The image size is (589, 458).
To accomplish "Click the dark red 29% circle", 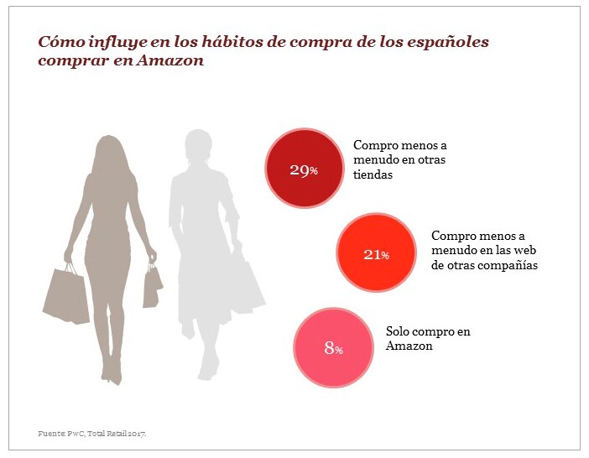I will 304,169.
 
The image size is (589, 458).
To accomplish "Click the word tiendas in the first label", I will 374,175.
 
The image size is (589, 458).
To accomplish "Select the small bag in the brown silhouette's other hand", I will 152,286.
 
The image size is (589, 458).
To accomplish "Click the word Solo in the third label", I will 399,331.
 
